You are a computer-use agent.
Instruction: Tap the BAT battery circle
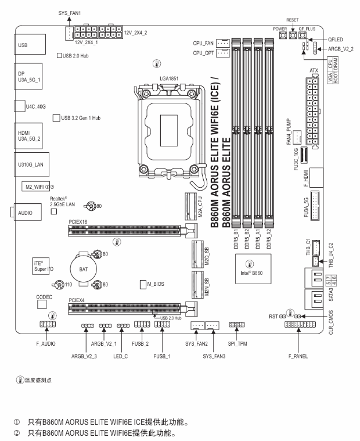[79, 269]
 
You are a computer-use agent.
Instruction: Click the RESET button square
[292, 36]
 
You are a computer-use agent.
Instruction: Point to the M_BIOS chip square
[143, 284]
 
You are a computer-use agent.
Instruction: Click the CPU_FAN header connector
[223, 43]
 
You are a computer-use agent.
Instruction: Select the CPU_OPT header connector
[223, 55]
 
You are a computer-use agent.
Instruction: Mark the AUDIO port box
[26, 213]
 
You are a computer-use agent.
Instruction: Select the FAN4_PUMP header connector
[296, 137]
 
